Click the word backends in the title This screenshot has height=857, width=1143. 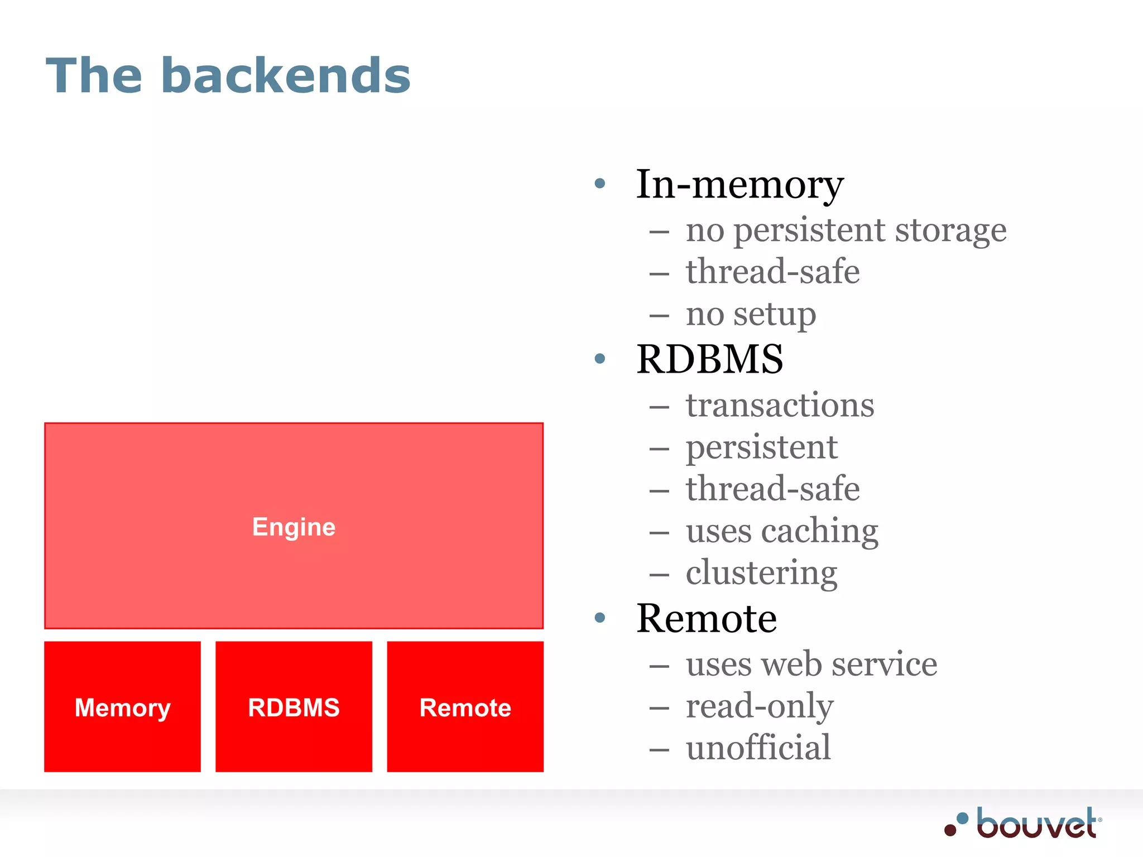tap(286, 76)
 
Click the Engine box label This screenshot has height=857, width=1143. tap(294, 527)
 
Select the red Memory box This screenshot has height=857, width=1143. tap(122, 707)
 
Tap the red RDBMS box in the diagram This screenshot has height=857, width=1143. tap(294, 707)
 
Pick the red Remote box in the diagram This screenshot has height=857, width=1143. tap(465, 707)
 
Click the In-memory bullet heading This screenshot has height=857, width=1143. tap(739, 184)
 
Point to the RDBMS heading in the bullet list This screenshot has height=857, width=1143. tap(709, 359)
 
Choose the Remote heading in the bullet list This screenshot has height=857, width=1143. tap(706, 618)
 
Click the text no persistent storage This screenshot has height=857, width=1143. tap(846, 230)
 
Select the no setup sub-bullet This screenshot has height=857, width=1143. tap(751, 314)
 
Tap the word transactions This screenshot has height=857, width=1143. tap(780, 405)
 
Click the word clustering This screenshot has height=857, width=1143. tap(761, 573)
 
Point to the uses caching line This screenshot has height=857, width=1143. tap(782, 531)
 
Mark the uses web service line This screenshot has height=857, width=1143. tap(811, 665)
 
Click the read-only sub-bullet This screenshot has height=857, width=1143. tap(759, 706)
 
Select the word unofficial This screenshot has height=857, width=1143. tap(758, 748)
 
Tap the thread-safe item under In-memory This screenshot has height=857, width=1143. tap(772, 272)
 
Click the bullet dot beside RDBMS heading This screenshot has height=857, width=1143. tap(600, 359)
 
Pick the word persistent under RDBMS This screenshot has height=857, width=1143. tap(761, 447)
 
